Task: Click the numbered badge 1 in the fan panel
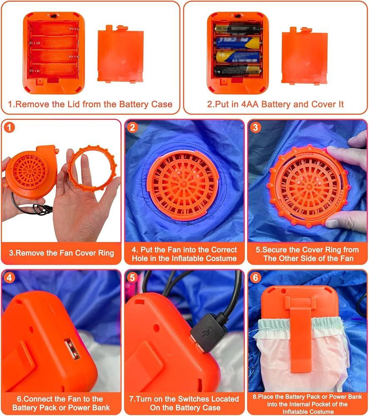pyautogui.click(x=9, y=128)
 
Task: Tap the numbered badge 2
pyautogui.click(x=132, y=128)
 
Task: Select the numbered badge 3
pyautogui.click(x=255, y=128)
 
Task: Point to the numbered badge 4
pyautogui.click(x=9, y=278)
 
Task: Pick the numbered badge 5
pyautogui.click(x=132, y=278)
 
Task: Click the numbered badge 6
pyautogui.click(x=255, y=278)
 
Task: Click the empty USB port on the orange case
pyautogui.click(x=72, y=349)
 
